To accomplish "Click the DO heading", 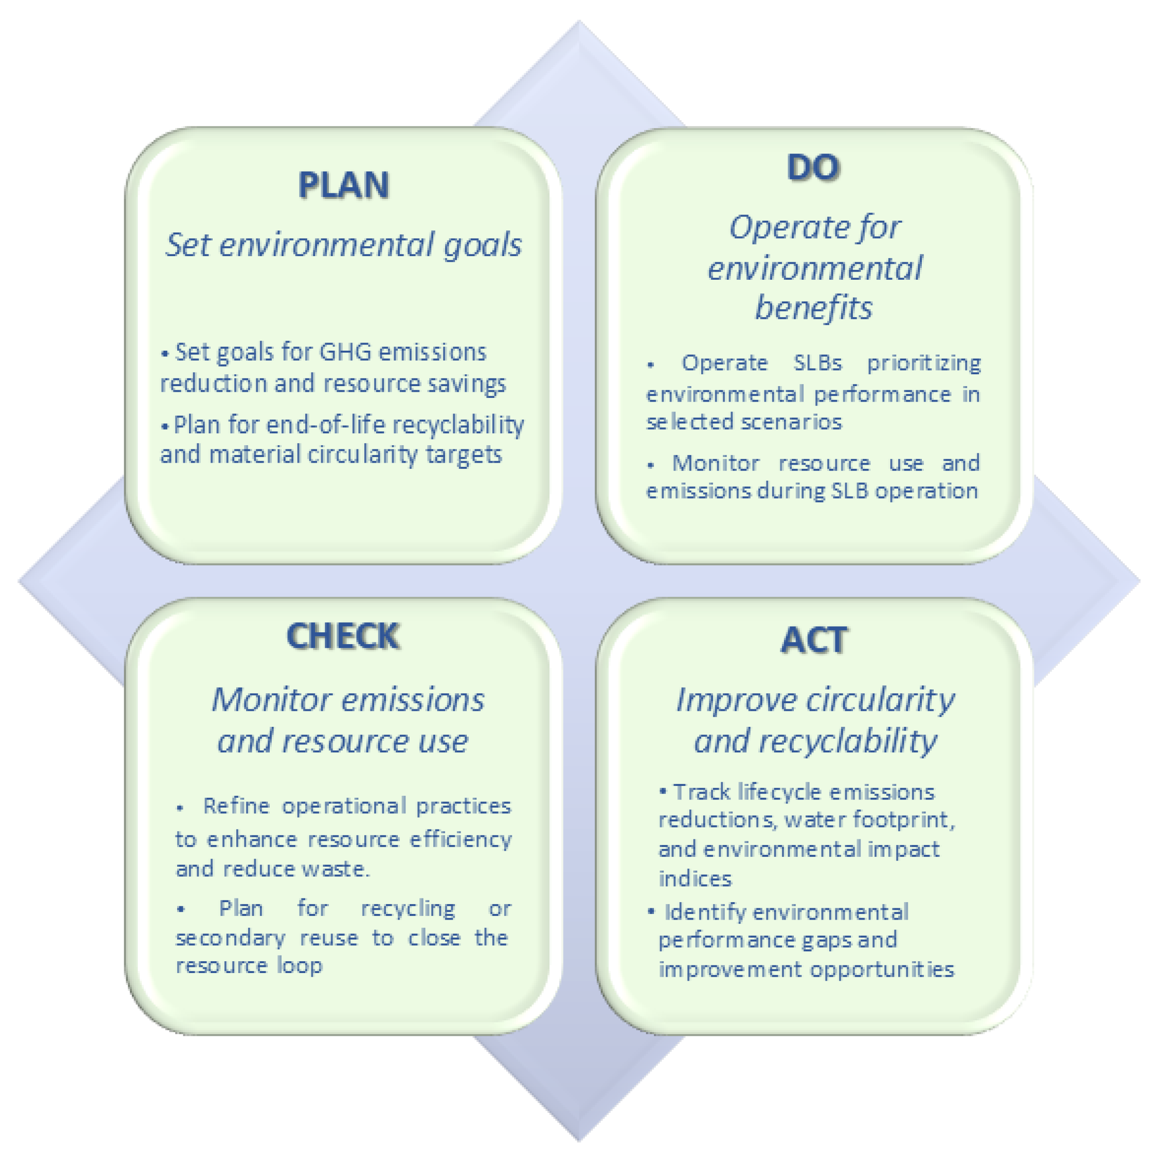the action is (813, 167).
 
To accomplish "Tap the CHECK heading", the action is (343, 636).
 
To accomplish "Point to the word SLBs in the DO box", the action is (817, 363).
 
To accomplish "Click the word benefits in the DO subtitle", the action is (813, 308).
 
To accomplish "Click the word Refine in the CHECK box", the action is (237, 806).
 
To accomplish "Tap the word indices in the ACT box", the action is (695, 879).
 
